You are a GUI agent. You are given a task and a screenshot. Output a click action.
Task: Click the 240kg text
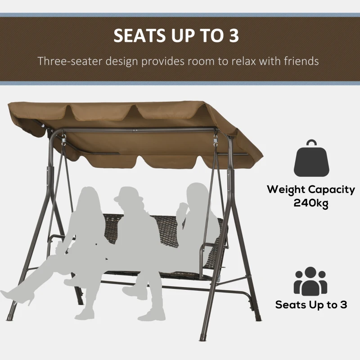pyautogui.click(x=311, y=203)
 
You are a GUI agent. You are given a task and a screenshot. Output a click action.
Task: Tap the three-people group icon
pyautogui.click(x=311, y=282)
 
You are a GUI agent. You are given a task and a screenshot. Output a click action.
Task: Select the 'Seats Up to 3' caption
pyautogui.click(x=311, y=305)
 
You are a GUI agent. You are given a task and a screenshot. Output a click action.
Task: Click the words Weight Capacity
pyautogui.click(x=311, y=189)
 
